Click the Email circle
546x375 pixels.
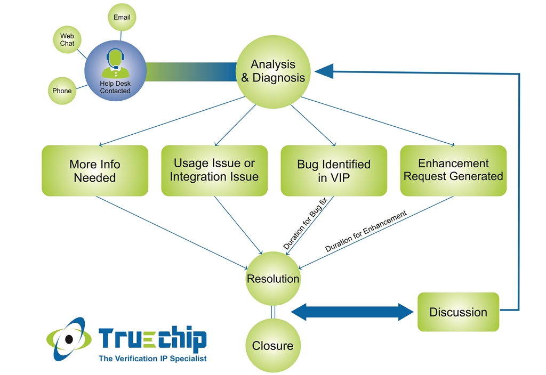click(122, 17)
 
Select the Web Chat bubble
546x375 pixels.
click(67, 40)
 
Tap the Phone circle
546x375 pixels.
click(62, 91)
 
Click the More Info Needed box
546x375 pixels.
click(95, 170)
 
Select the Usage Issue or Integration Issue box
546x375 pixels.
click(214, 170)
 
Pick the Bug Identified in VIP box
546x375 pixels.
click(334, 170)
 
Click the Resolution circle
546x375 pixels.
click(273, 279)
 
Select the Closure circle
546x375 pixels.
click(273, 346)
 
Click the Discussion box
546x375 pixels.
click(458, 312)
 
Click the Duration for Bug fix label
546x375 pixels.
click(305, 224)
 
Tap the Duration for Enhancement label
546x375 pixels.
click(366, 231)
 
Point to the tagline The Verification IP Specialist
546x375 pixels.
click(152, 358)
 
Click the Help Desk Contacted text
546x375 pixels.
click(115, 87)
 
